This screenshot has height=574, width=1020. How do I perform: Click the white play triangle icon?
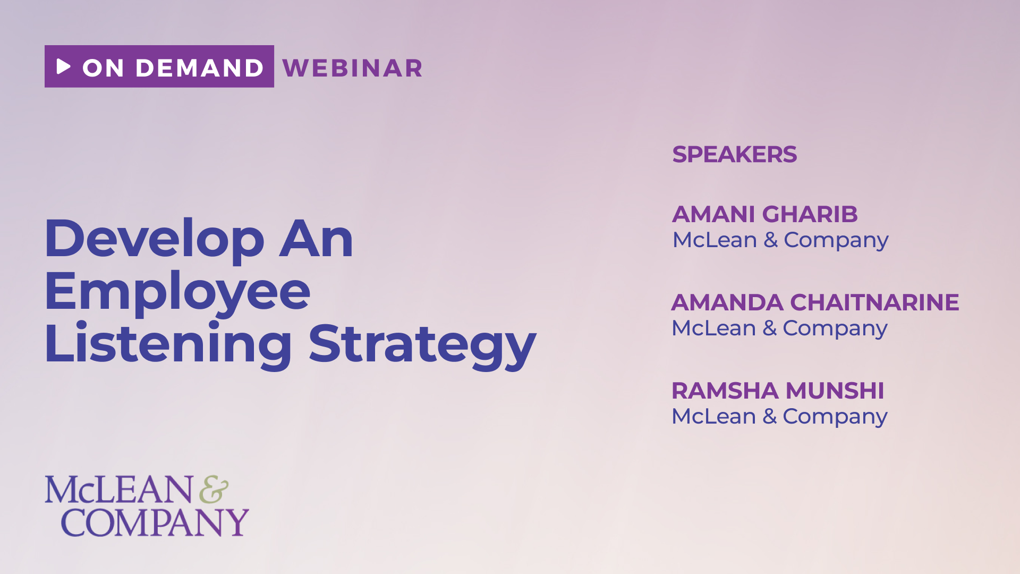click(64, 66)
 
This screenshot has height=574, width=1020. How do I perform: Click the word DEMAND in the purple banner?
click(199, 68)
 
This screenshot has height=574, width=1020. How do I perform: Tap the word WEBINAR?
click(353, 68)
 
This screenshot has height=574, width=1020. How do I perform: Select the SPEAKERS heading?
click(734, 155)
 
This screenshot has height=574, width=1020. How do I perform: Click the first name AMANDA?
click(727, 302)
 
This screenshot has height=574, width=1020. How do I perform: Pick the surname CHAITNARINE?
click(874, 302)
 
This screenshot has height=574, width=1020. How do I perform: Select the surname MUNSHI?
click(835, 391)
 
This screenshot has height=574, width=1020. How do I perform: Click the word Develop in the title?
click(155, 239)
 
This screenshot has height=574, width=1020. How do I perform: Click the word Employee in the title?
click(177, 292)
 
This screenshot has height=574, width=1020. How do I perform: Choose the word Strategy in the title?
click(422, 345)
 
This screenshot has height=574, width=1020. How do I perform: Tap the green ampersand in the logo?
click(214, 489)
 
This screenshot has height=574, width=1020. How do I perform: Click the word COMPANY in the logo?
click(155, 522)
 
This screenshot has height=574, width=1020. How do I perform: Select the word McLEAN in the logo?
click(118, 489)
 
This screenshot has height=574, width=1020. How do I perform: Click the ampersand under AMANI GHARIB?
click(770, 240)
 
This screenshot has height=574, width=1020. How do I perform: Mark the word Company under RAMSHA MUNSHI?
click(835, 417)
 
